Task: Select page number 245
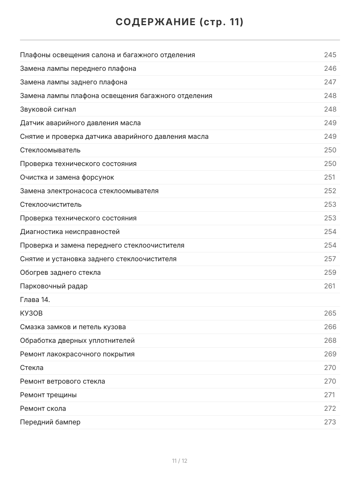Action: click(330, 55)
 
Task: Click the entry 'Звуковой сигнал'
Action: click(48, 109)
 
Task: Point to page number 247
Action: click(330, 82)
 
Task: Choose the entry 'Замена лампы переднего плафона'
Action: click(78, 68)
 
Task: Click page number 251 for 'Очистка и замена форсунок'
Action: click(330, 177)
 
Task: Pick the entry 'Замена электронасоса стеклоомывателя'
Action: click(89, 191)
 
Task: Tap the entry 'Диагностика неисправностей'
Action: click(70, 232)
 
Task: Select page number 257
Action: click(330, 259)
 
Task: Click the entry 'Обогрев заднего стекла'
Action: click(60, 272)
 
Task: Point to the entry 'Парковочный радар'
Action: click(54, 286)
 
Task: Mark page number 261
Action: click(330, 286)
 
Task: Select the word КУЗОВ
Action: click(31, 313)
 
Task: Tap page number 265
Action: click(330, 313)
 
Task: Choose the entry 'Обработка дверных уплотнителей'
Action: click(77, 340)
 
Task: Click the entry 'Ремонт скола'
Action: click(43, 408)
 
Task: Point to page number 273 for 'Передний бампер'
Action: click(330, 422)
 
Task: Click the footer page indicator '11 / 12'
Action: click(180, 461)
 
